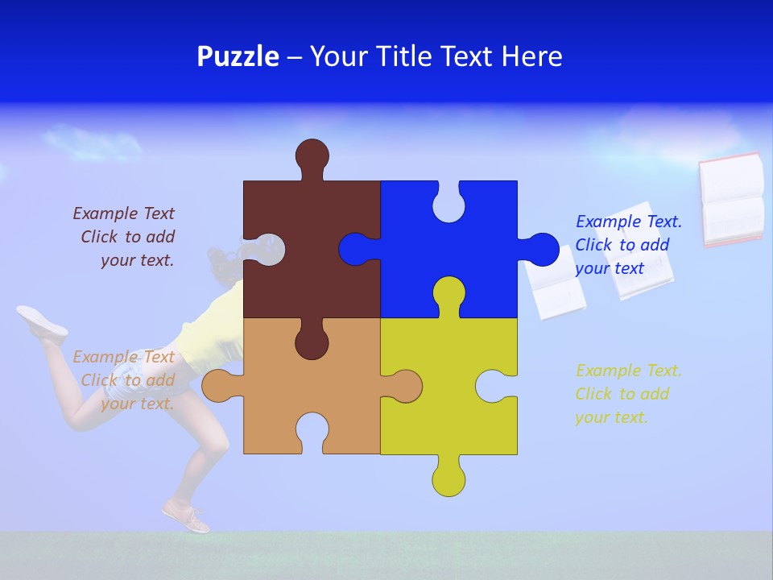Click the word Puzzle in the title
click(238, 56)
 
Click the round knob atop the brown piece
click(312, 155)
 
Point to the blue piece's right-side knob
click(540, 250)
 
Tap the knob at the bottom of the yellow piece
click(449, 478)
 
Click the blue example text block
click(627, 245)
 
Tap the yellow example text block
click(627, 394)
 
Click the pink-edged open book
click(731, 199)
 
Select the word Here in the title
click(531, 56)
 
